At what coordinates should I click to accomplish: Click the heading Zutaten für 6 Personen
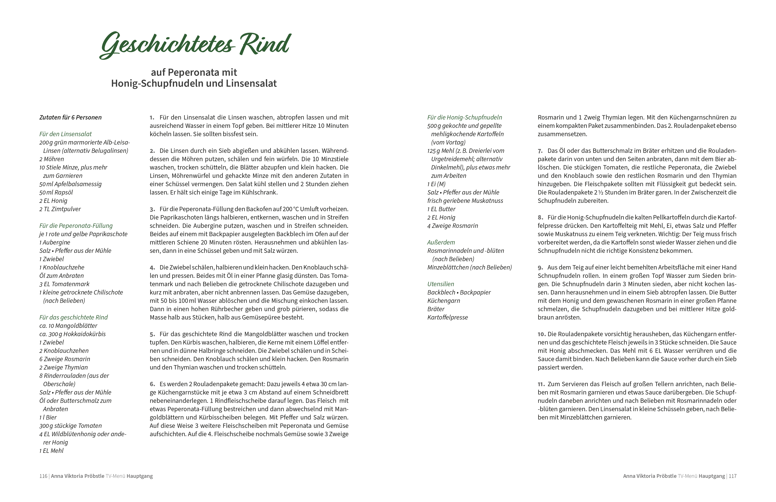pos(70,117)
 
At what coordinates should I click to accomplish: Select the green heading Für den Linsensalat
pos(66,134)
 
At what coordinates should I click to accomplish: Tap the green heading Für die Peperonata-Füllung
pos(76,225)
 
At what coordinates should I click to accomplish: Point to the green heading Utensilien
pos(441,284)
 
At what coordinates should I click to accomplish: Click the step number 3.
pos(152,209)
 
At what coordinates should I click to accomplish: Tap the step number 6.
pos(152,384)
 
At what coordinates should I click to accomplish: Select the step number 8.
pos(540,217)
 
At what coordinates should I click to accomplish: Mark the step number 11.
pos(541,384)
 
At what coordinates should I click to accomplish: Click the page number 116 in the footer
pos(43,476)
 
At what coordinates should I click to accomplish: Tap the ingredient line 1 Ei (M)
pos(436,184)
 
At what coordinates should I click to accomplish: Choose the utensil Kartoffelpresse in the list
pos(447,317)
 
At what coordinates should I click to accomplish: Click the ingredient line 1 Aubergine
pos(55,242)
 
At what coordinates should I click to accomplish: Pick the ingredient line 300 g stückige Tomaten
pos(70,426)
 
